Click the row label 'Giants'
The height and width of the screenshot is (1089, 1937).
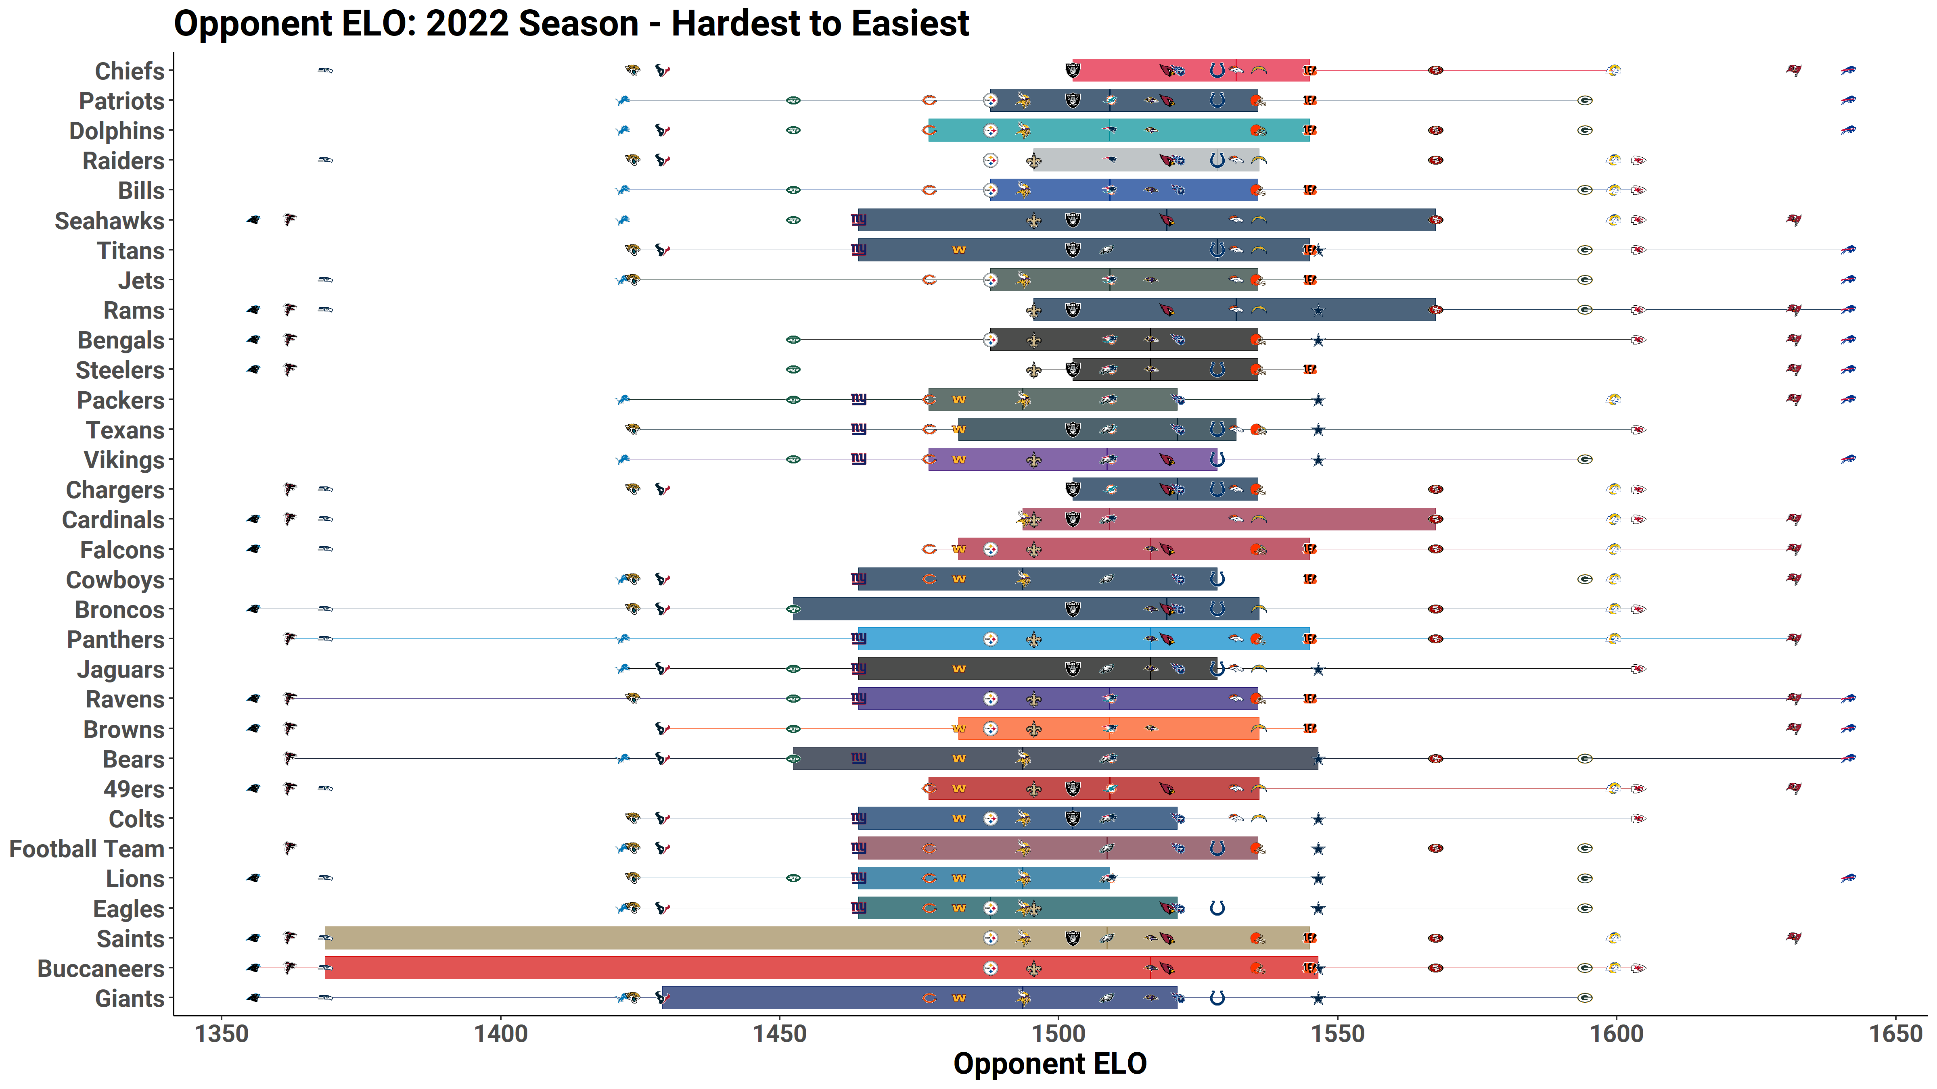click(x=129, y=999)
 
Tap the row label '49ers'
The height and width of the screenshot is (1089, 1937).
click(x=134, y=789)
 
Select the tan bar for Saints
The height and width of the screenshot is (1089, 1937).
click(x=677, y=938)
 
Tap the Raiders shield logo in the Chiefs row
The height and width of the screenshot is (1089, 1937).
click(x=1073, y=71)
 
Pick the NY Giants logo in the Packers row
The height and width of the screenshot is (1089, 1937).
click(x=859, y=399)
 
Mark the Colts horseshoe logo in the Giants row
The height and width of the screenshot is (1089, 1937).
click(x=1217, y=998)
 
